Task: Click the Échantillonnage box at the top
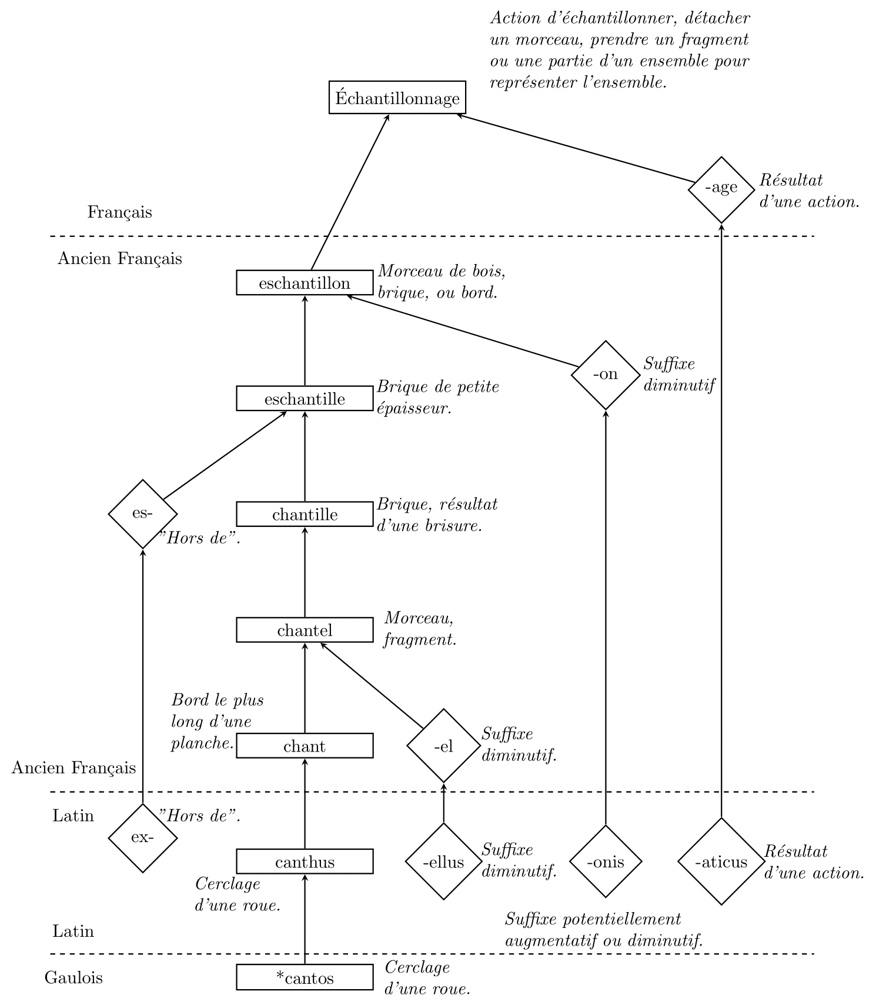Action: point(397,98)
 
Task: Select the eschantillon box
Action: point(305,283)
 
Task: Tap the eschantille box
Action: point(305,399)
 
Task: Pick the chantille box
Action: point(305,515)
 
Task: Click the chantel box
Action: point(305,630)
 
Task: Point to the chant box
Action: point(305,746)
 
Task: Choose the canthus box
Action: point(305,862)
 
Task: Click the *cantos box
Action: point(305,978)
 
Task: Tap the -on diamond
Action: point(606,375)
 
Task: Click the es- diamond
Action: point(143,514)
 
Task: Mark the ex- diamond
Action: point(143,837)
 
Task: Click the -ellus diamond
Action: point(443,862)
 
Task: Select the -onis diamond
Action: point(606,862)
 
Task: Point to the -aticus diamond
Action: point(721,862)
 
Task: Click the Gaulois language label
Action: point(73,978)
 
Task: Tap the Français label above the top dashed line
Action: point(119,212)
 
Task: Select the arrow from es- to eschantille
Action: point(225,455)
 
